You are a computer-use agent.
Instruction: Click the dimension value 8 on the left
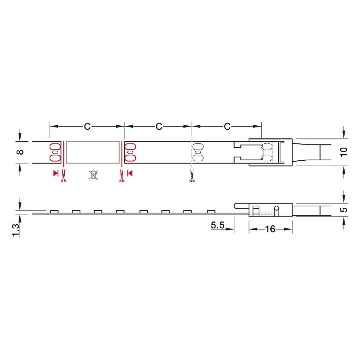[x=21, y=152]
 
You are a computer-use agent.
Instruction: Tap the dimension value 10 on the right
[x=344, y=152]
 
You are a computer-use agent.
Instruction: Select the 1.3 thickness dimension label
[x=16, y=230]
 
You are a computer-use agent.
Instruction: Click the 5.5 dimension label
[x=217, y=225]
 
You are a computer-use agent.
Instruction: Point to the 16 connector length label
[x=270, y=229]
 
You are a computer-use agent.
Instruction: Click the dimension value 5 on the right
[x=344, y=210]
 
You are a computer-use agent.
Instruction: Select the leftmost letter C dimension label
[x=87, y=126]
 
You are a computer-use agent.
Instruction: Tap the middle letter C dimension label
[x=159, y=126]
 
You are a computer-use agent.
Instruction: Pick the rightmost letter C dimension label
[x=227, y=126]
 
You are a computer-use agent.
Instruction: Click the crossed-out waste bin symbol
[x=94, y=175]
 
